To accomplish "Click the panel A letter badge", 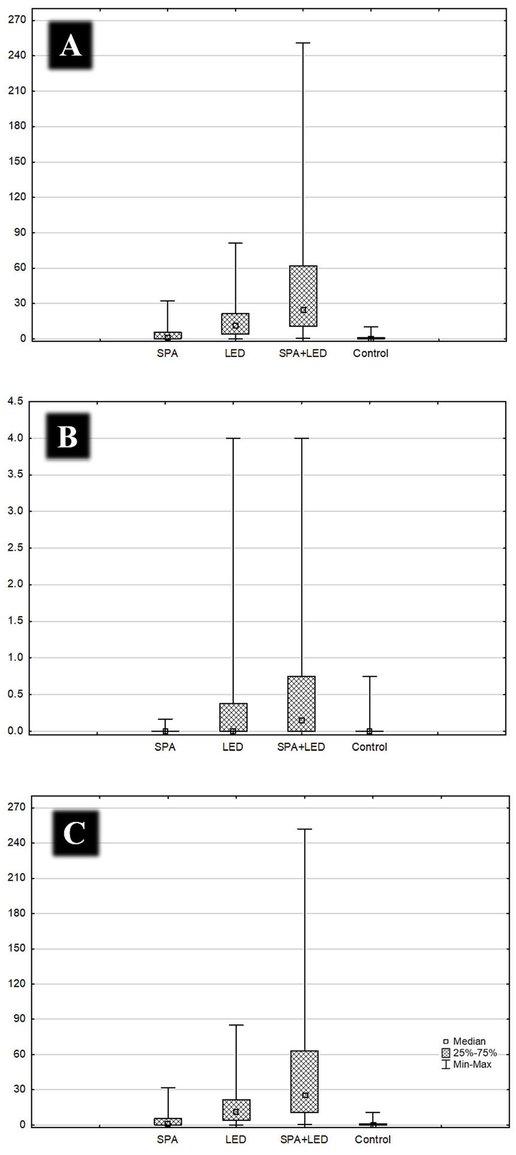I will point(70,45).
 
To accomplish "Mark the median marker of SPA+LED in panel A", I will point(303,310).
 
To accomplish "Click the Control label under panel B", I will point(369,747).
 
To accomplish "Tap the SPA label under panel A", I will point(167,353).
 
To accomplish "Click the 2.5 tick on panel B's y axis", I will point(15,548).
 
